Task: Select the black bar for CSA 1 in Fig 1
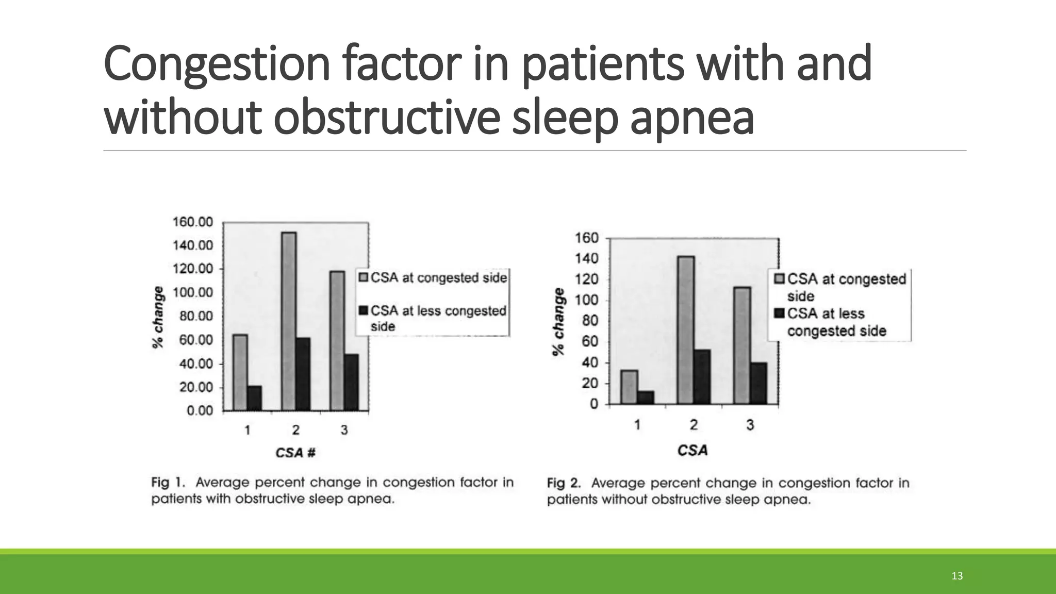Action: pyautogui.click(x=255, y=398)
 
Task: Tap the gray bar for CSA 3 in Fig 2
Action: pyautogui.click(x=742, y=345)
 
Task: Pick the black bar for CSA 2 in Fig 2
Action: pyautogui.click(x=702, y=376)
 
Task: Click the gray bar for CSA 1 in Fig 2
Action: pyautogui.click(x=629, y=387)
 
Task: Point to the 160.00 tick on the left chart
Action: pyautogui.click(x=192, y=222)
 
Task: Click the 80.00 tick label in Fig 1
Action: pyautogui.click(x=196, y=316)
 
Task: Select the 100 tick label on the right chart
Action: pyautogui.click(x=587, y=300)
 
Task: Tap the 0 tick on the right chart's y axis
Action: pyautogui.click(x=594, y=404)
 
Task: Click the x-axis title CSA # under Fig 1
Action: pyautogui.click(x=295, y=453)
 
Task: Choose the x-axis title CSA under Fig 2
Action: pyautogui.click(x=692, y=451)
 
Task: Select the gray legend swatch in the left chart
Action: pyautogui.click(x=364, y=278)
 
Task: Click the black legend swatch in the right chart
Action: pyautogui.click(x=779, y=313)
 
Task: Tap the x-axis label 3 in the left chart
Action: pyautogui.click(x=344, y=430)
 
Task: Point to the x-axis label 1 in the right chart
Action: pyautogui.click(x=637, y=425)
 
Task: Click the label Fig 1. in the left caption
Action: pyautogui.click(x=168, y=483)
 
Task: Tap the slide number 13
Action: pyautogui.click(x=957, y=576)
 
